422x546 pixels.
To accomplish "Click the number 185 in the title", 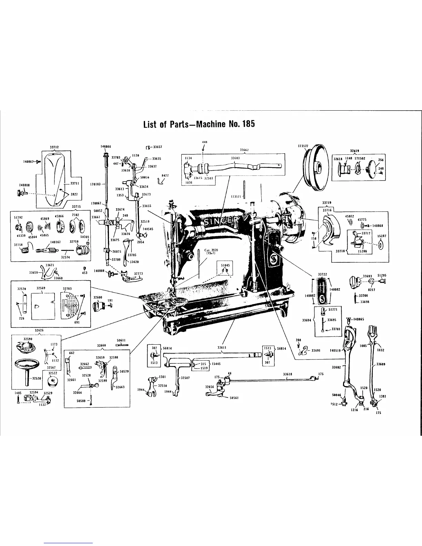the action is (248, 124).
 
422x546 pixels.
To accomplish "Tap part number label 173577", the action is (303, 146).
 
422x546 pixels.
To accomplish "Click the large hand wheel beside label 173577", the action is (314, 168).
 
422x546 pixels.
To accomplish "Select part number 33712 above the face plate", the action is (54, 147).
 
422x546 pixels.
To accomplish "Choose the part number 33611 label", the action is (222, 348).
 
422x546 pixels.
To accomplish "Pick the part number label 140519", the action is (335, 351).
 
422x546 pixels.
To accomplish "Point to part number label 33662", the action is (244, 150).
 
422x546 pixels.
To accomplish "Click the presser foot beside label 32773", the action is (130, 278).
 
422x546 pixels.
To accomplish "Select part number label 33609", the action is (381, 364).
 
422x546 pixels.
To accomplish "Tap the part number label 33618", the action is (288, 374).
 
